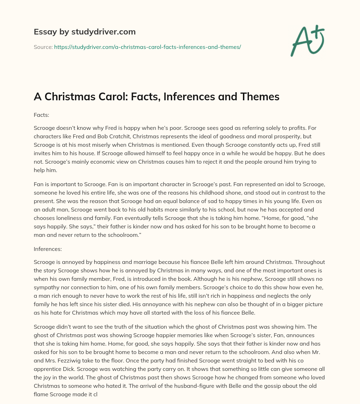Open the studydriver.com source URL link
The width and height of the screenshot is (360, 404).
tap(147, 47)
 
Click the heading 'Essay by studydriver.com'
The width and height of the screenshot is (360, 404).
tap(85, 32)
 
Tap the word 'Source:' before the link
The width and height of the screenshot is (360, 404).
tap(43, 47)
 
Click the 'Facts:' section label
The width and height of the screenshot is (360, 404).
tap(41, 115)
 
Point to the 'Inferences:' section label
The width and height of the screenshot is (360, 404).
tap(48, 249)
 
